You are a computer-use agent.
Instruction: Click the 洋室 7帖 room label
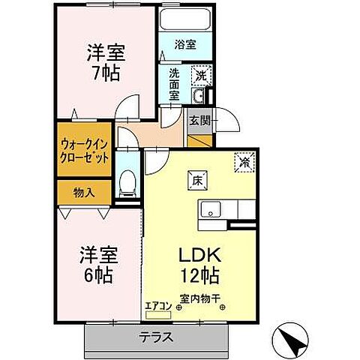(x=104, y=64)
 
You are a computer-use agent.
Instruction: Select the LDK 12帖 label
(x=199, y=265)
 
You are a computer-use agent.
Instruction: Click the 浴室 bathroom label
(x=186, y=44)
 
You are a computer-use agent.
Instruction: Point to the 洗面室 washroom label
(x=174, y=84)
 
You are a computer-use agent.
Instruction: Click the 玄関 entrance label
(x=198, y=121)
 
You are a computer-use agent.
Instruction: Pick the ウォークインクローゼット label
(x=85, y=152)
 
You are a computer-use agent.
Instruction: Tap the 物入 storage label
(x=84, y=192)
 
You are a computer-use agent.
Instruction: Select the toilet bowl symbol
(x=128, y=181)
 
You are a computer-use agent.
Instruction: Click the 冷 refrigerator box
(x=244, y=160)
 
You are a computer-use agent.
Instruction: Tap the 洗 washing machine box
(x=199, y=75)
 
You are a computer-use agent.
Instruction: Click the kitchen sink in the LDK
(x=210, y=208)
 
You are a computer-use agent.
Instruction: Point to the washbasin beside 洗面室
(x=199, y=97)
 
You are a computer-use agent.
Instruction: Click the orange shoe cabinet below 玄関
(x=199, y=139)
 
